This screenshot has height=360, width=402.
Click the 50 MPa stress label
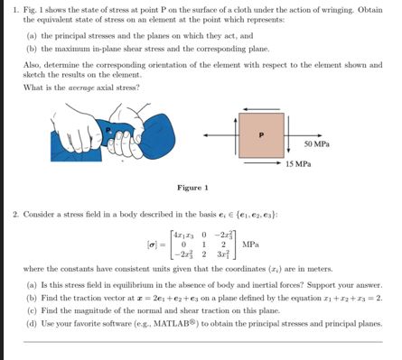316,144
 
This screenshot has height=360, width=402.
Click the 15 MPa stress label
298,164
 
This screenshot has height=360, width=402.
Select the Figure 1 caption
193,188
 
